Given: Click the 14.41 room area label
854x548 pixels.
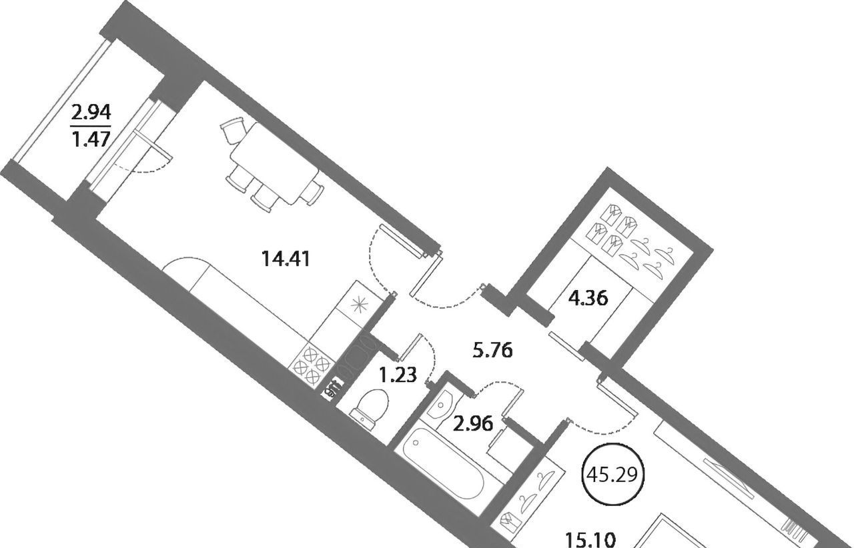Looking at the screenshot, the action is pyautogui.click(x=286, y=259).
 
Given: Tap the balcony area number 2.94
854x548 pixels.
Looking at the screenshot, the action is pyautogui.click(x=91, y=113).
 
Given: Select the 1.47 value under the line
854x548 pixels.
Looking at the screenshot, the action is pyautogui.click(x=91, y=139).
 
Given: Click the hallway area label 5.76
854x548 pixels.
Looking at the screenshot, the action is pyautogui.click(x=492, y=350).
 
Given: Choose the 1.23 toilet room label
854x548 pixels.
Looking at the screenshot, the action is pyautogui.click(x=398, y=375).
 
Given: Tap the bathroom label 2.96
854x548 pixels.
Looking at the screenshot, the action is pyautogui.click(x=473, y=424).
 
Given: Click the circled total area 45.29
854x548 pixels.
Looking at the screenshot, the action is pyautogui.click(x=612, y=475).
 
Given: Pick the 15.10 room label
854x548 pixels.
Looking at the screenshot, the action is pyautogui.click(x=590, y=539).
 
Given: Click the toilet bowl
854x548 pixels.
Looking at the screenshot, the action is pyautogui.click(x=369, y=409).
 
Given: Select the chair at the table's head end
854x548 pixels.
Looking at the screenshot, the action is pyautogui.click(x=233, y=129).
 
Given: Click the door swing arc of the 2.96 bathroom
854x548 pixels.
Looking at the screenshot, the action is pyautogui.click(x=498, y=383).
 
